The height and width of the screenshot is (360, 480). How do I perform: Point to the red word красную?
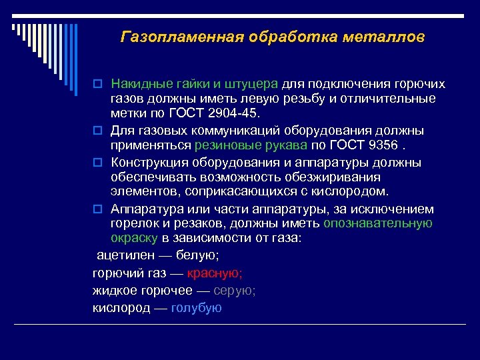click(x=215, y=273)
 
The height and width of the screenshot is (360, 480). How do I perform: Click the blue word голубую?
click(x=196, y=308)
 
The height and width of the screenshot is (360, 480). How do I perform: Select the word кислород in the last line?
click(x=120, y=308)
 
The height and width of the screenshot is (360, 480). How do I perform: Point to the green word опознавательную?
click(x=377, y=223)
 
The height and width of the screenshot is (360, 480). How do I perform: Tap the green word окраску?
click(x=134, y=237)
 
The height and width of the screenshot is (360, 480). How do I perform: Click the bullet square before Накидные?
click(x=97, y=85)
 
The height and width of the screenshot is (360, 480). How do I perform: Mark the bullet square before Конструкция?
click(x=97, y=163)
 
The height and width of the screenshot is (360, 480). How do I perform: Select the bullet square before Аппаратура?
click(x=97, y=209)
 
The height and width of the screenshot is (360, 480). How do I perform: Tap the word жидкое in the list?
click(x=114, y=291)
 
